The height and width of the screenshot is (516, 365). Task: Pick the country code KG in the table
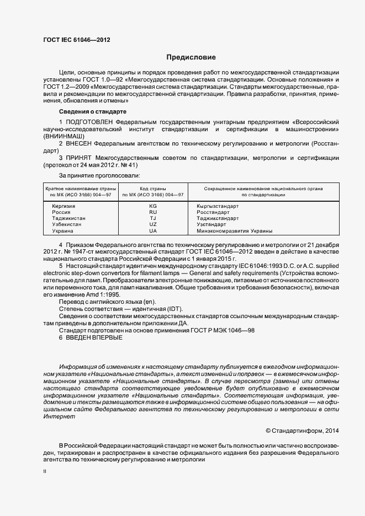(x=153, y=206)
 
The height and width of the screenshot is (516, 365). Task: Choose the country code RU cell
(x=153, y=212)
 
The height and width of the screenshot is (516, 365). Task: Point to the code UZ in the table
(x=153, y=225)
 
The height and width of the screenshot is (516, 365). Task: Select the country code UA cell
(x=153, y=231)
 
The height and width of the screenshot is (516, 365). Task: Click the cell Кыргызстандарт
(x=218, y=206)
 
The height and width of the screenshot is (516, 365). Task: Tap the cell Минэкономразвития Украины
(x=234, y=231)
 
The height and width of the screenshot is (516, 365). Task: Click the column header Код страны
(x=153, y=189)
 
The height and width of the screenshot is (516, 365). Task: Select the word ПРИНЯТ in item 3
(x=80, y=158)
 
